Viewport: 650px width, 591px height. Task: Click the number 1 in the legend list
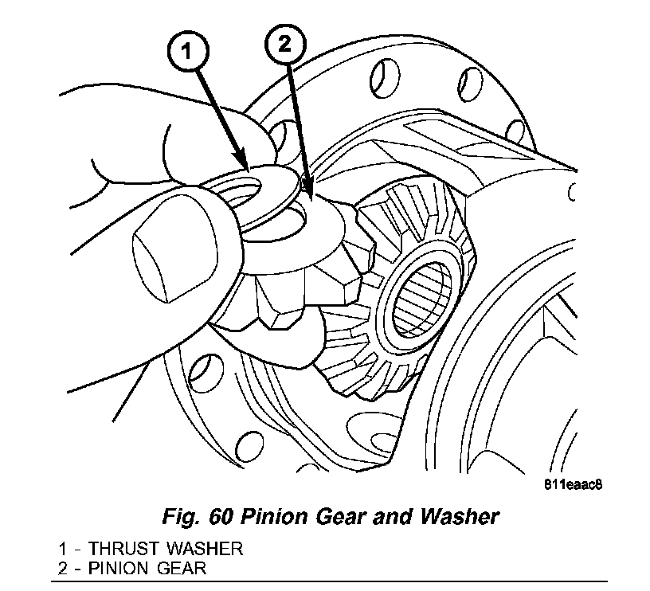62,550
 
